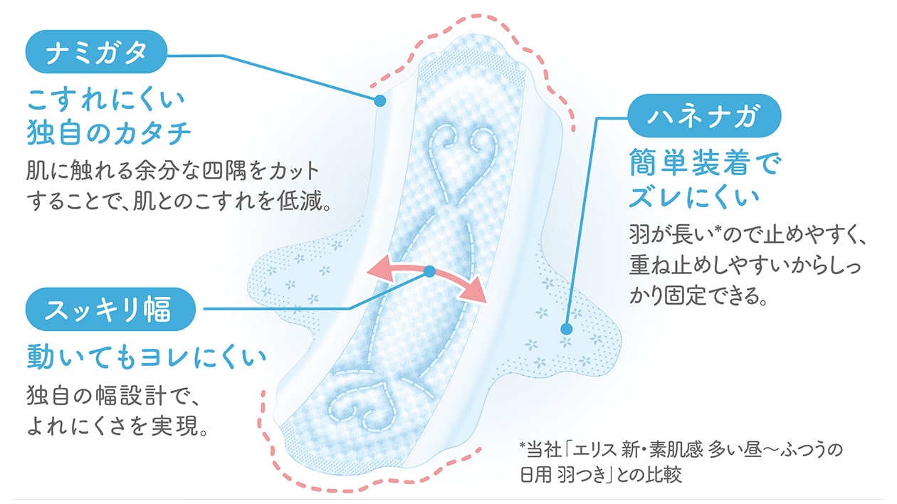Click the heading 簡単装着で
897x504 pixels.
click(x=704, y=165)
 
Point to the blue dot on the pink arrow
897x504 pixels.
click(x=429, y=271)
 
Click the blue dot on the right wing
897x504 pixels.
click(x=566, y=329)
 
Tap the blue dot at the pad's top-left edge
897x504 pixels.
click(x=380, y=101)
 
